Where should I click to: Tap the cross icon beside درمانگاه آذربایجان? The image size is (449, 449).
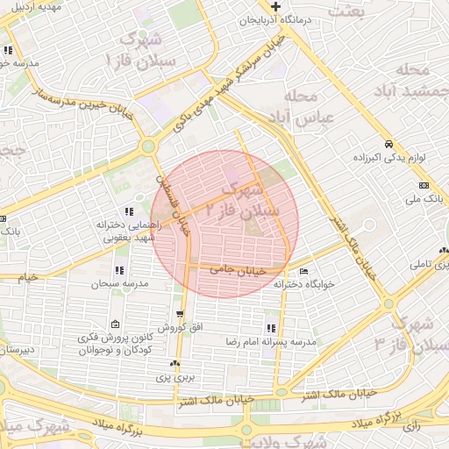click(276, 7)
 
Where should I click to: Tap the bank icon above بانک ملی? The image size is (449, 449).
click(424, 186)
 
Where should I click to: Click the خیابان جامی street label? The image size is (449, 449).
click(236, 271)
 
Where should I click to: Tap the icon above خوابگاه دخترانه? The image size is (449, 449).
click(303, 271)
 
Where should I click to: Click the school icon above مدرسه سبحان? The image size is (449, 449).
click(119, 270)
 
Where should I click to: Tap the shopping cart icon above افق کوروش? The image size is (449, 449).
click(180, 313)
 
